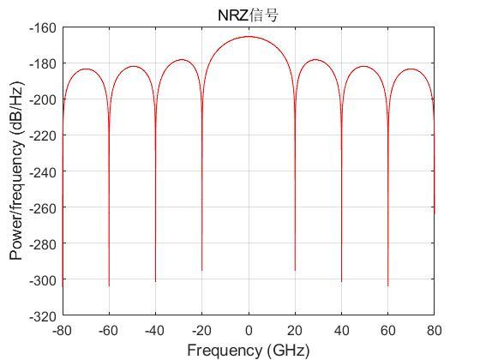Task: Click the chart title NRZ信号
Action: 248,15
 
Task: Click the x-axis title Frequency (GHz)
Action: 248,350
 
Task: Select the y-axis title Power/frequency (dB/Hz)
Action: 15,171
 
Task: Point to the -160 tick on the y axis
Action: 44,27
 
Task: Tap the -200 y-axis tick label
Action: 44,99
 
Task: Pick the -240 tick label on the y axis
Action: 44,171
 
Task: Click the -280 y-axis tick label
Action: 44,243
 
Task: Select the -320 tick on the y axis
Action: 44,315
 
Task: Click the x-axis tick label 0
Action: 249,331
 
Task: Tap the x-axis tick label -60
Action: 109,331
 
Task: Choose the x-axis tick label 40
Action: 341,331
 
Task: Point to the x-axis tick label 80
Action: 434,331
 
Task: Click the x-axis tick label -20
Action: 201,331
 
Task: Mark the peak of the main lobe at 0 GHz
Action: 249,37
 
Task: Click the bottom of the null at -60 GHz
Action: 109,285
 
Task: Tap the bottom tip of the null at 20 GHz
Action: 295,271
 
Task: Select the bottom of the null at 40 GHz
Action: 341,281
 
